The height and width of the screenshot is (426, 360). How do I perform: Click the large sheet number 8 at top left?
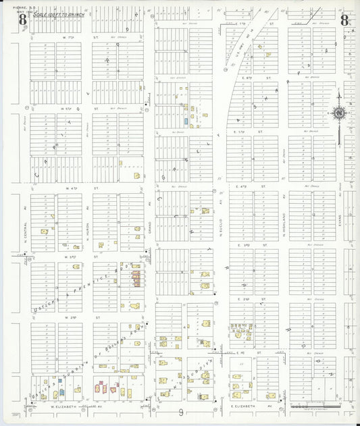click(23, 20)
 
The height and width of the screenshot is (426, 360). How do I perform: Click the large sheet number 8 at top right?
click(344, 20)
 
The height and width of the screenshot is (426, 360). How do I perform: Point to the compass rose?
click(339, 114)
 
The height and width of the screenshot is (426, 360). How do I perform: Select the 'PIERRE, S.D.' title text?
click(22, 7)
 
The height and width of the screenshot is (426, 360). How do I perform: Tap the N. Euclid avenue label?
click(221, 226)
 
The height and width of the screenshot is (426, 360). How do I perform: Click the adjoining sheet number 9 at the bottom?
click(181, 412)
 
